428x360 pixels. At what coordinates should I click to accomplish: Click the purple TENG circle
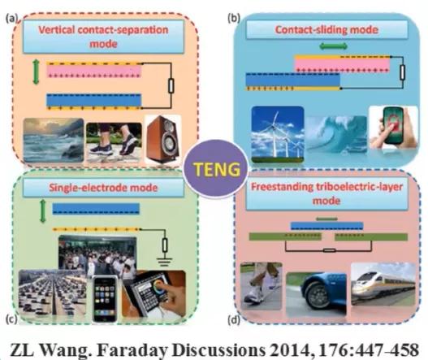click(216, 168)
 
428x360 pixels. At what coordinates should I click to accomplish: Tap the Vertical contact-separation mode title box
click(103, 37)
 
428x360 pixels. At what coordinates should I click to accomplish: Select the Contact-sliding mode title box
click(326, 29)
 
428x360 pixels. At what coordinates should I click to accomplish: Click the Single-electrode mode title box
click(103, 188)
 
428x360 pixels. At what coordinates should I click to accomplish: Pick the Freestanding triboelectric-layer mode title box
click(326, 193)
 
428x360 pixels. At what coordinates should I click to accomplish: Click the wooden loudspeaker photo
click(163, 140)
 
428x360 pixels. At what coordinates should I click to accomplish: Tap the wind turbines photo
click(277, 134)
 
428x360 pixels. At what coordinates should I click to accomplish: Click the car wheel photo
click(316, 294)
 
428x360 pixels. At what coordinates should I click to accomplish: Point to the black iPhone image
click(105, 299)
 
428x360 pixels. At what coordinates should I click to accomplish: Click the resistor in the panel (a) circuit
click(171, 86)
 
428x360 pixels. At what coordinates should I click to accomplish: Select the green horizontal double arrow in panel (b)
click(333, 46)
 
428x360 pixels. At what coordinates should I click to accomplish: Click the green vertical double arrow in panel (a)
click(36, 72)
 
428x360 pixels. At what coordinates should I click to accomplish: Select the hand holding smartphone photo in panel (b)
click(394, 128)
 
